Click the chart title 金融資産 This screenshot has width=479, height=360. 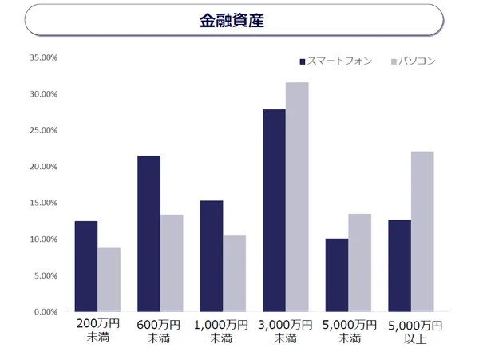232,20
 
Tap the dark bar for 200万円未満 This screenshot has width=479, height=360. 86,266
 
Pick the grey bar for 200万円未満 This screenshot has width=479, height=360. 109,279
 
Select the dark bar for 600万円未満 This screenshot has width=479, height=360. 148,233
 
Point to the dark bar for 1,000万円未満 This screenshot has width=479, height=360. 212,255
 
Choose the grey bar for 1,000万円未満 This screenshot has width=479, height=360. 235,273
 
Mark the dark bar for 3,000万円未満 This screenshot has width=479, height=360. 274,210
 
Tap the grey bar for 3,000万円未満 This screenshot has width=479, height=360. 297,196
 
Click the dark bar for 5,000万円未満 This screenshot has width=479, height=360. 337,275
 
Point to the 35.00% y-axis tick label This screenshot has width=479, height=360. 43,57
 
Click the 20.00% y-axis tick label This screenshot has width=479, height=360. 43,167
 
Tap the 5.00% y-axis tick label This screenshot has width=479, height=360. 46,275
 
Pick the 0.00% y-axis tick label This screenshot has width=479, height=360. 46,312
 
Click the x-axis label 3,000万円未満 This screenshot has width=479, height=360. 286,331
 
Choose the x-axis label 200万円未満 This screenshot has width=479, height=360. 98,331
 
